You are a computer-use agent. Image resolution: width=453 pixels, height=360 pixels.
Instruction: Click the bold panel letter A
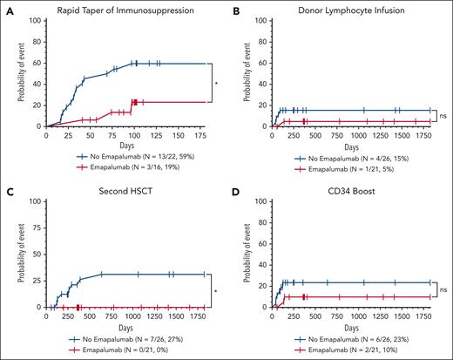click(x=8, y=8)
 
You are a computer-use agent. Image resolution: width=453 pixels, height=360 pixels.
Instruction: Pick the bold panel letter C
click(x=8, y=189)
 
